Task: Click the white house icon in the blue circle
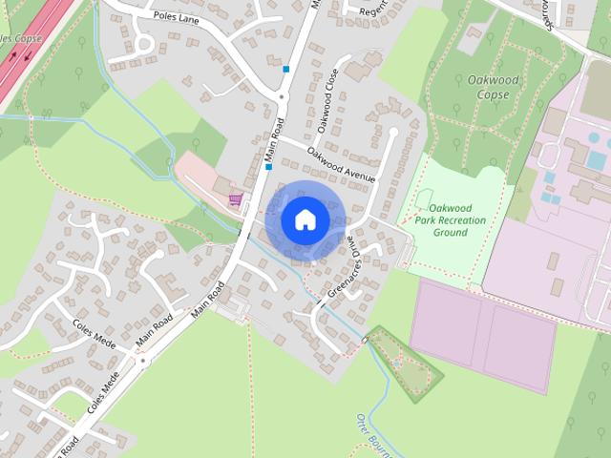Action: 305,219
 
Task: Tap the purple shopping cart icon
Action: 235,199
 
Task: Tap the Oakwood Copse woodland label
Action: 494,88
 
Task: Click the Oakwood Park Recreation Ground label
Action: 451,219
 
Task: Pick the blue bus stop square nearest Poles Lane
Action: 285,69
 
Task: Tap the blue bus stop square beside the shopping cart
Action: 269,167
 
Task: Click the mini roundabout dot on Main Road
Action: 143,360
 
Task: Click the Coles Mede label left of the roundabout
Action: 93,331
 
